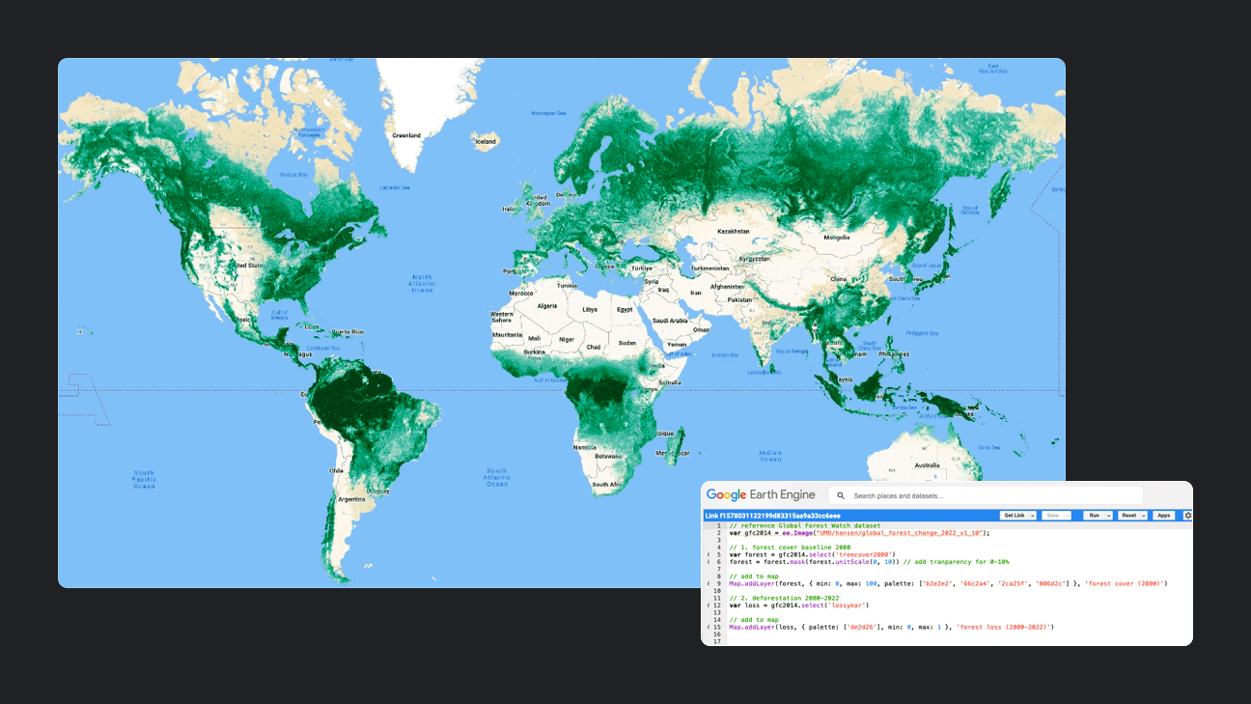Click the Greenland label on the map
[405, 136]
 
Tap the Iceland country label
[485, 141]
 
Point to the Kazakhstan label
[734, 232]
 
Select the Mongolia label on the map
[836, 237]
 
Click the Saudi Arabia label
[670, 321]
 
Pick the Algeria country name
[547, 306]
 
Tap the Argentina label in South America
[351, 499]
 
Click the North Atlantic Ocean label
[423, 284]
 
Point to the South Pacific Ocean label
[144, 479]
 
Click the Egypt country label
[625, 309]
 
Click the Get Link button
[1018, 516]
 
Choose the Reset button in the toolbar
[1129, 516]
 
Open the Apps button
[1164, 516]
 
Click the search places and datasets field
[985, 495]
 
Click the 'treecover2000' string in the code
[865, 554]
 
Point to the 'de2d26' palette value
[859, 628]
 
